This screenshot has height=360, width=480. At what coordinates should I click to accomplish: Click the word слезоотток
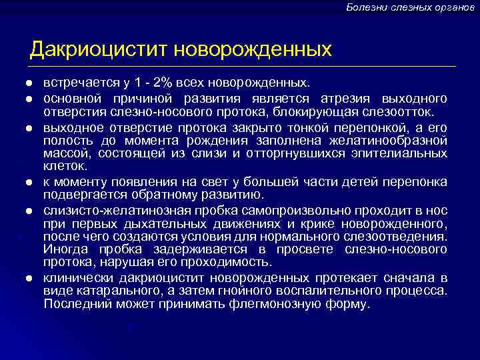(403, 110)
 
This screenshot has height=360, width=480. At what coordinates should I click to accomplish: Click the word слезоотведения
(402, 237)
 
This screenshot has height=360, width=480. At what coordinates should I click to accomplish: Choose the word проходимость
(229, 261)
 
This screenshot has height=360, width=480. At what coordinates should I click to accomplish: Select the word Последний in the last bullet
(74, 303)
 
